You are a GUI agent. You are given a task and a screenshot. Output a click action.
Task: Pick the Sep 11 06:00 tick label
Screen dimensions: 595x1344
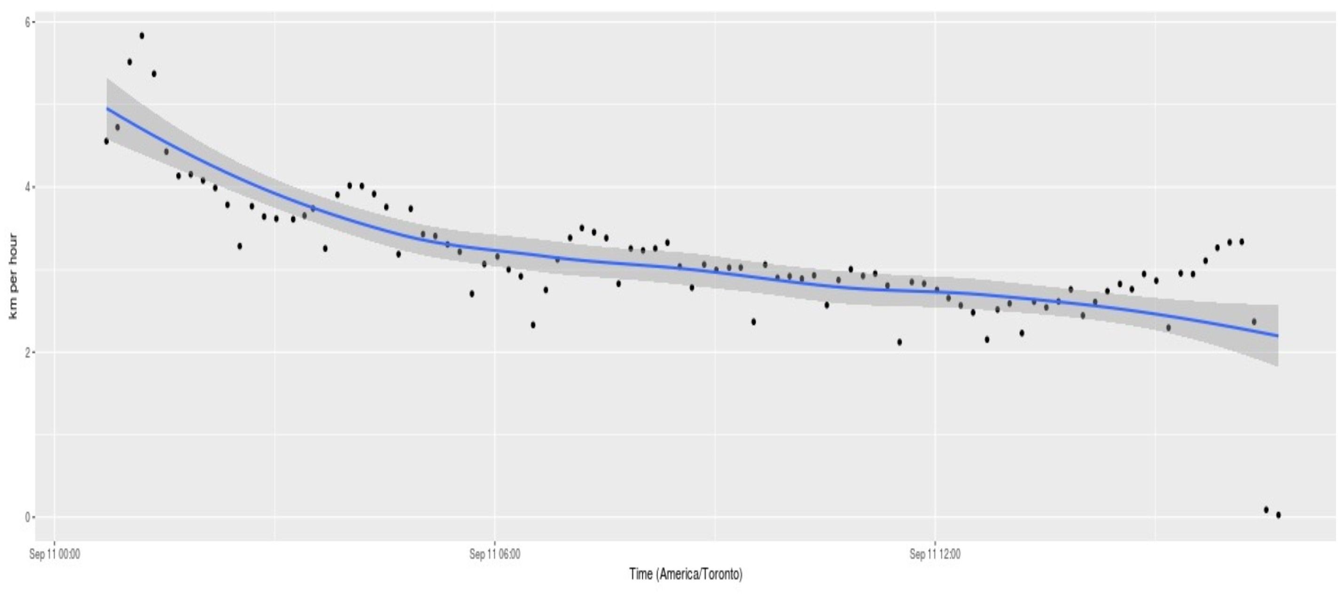495,554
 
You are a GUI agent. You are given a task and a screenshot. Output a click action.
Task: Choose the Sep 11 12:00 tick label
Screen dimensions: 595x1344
934,554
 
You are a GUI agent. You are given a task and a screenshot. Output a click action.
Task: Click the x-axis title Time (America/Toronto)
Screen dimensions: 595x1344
686,575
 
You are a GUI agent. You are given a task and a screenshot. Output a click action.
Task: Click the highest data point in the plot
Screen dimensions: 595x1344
142,36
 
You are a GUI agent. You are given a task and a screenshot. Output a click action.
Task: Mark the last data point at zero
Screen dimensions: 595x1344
1278,515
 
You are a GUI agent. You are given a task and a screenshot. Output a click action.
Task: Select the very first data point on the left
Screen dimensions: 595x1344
106,141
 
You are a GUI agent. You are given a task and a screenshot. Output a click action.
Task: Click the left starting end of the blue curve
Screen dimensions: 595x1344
107,109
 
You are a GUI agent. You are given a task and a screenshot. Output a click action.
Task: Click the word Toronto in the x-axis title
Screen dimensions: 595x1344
721,575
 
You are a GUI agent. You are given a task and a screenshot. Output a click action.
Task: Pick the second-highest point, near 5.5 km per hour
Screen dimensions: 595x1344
129,62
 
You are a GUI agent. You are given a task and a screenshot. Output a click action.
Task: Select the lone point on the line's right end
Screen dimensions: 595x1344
1254,321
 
